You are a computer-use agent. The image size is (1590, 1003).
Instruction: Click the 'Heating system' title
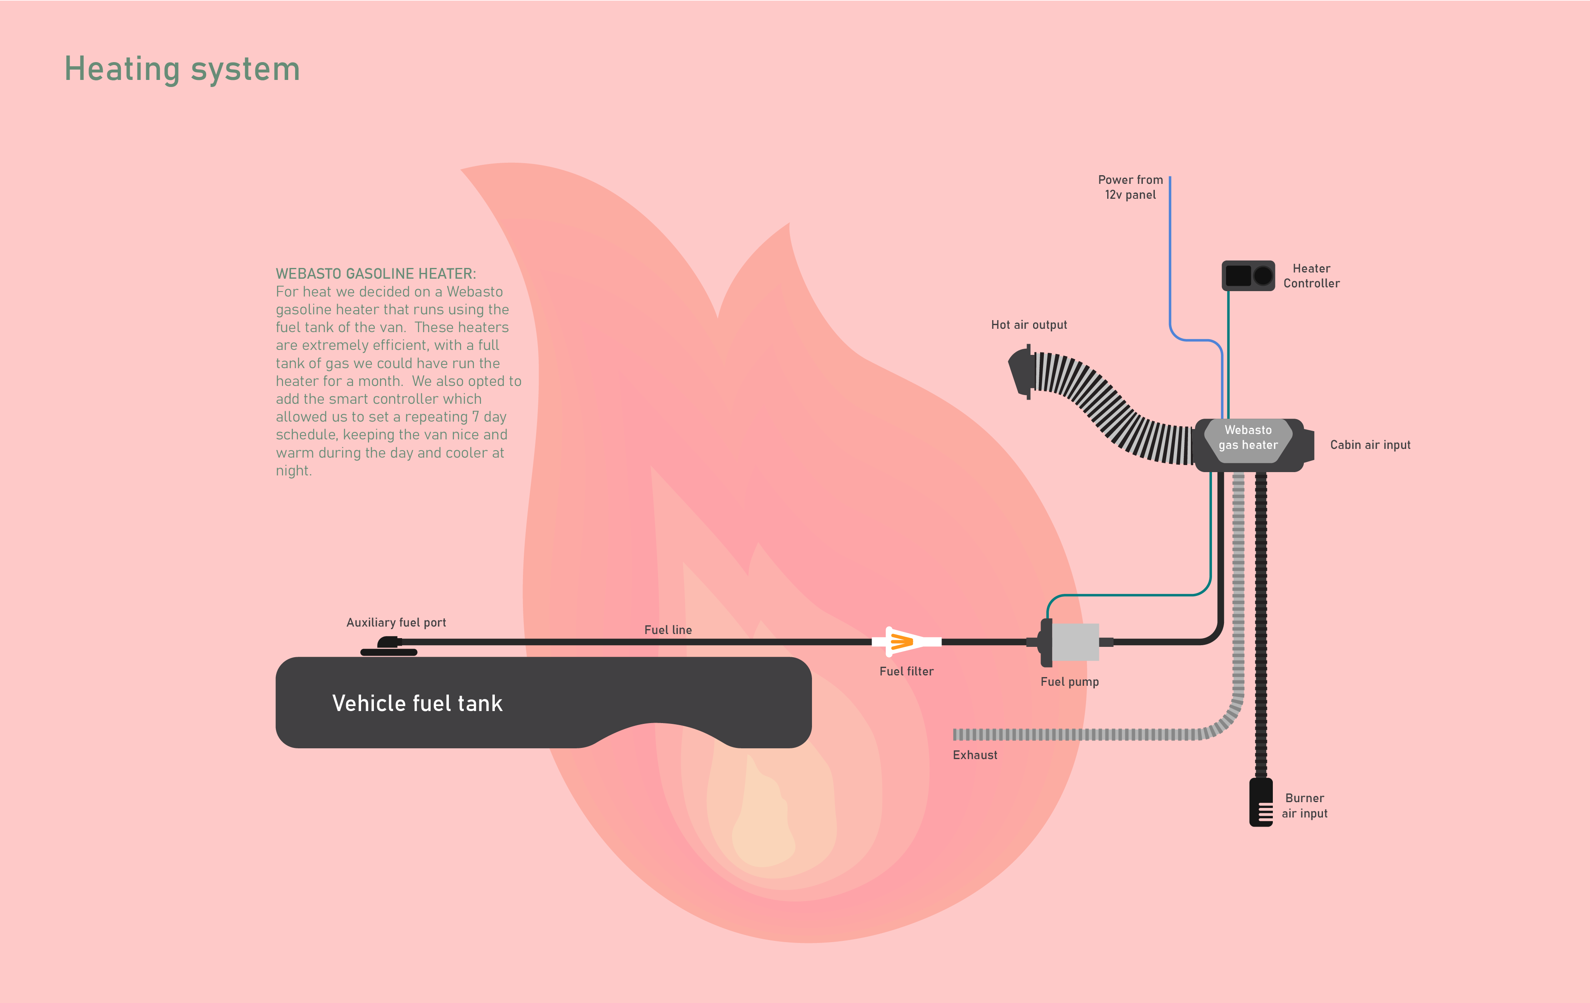[x=182, y=69]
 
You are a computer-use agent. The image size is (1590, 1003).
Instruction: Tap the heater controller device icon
[x=1248, y=275]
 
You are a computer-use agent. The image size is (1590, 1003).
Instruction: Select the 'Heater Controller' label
[x=1311, y=276]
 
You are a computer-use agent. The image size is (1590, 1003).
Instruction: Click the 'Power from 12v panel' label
[x=1130, y=187]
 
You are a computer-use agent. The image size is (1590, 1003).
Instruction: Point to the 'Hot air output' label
[x=1029, y=325]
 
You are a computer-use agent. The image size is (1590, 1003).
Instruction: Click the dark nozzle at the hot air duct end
[x=1021, y=372]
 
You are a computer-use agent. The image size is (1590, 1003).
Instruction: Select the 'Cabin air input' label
[x=1370, y=445]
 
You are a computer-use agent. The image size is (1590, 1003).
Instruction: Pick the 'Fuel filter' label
[x=906, y=672]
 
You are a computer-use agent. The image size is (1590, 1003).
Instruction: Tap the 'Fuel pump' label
[x=1070, y=682]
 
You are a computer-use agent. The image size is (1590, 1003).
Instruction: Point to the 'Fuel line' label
[x=667, y=630]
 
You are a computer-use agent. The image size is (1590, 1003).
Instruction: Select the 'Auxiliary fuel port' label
[x=396, y=623]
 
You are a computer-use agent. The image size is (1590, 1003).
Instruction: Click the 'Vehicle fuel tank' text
[x=417, y=703]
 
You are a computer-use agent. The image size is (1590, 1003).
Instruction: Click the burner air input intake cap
[x=1260, y=802]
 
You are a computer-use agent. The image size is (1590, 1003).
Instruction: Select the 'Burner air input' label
[x=1304, y=805]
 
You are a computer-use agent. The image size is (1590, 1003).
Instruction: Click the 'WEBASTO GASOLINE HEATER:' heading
[x=376, y=273]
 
